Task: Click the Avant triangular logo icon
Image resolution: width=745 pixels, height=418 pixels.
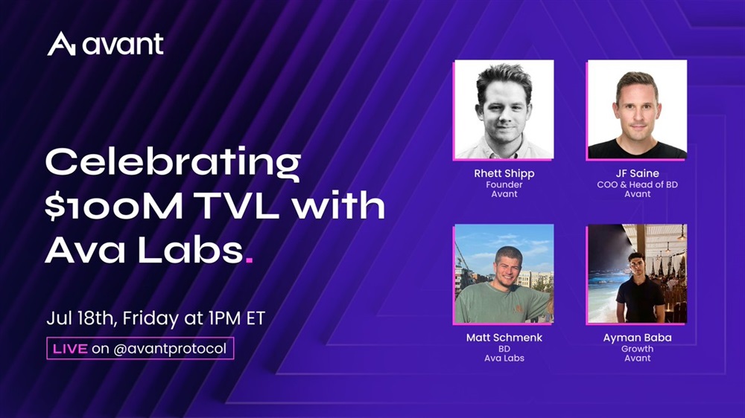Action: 61,44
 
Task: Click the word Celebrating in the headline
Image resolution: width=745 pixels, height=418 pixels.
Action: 173,164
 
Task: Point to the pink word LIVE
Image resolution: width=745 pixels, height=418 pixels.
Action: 70,350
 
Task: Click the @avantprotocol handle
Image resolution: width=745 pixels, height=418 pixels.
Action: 170,350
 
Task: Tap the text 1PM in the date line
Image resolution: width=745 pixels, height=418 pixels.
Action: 225,318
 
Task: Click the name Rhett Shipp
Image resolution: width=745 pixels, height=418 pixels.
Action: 504,173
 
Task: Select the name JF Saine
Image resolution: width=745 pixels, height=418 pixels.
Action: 637,173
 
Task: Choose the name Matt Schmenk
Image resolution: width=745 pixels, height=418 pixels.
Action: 504,338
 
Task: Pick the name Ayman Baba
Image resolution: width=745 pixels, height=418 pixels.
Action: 637,338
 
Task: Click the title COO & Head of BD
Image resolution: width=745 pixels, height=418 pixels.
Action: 637,184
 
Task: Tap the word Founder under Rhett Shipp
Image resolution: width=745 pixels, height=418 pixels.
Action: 504,184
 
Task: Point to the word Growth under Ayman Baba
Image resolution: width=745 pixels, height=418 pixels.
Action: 637,349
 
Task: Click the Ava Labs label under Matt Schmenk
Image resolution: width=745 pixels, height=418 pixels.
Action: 504,358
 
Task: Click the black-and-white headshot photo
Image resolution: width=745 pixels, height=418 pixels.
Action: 504,109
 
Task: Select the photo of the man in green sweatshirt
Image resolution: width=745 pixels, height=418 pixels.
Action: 504,274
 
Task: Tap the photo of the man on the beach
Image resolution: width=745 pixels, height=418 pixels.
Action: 637,274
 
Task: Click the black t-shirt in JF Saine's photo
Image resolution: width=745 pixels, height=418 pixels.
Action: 637,149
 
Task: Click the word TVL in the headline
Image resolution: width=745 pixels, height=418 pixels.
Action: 238,206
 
